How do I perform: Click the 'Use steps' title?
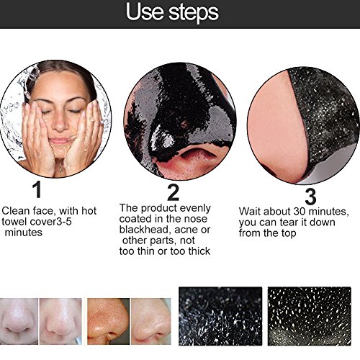coord(179,13)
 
